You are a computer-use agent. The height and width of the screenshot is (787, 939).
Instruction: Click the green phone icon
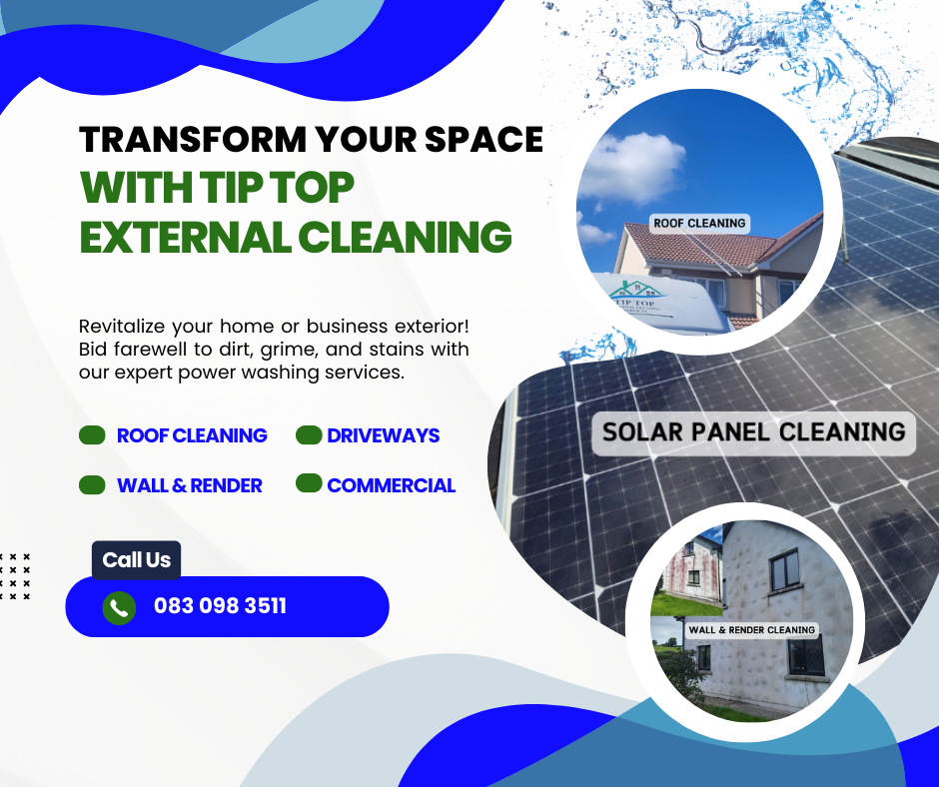119,608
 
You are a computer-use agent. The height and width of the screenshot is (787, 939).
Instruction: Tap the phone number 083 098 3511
221,606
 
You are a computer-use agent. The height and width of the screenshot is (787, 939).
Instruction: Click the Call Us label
137,560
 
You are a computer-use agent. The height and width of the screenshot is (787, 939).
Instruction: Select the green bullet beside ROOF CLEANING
92,435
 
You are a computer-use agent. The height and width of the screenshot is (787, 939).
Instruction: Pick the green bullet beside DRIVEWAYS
309,435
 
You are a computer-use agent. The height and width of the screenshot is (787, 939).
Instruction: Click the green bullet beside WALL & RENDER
92,485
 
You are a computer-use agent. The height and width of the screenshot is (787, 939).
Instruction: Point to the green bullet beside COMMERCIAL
309,483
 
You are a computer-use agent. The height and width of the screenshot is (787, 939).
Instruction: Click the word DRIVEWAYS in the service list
384,435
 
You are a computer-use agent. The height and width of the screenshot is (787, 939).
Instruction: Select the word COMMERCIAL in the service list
391,485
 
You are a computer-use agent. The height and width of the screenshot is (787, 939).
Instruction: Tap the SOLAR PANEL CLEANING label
753,432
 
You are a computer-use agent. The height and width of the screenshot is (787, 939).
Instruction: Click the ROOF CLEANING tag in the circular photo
699,224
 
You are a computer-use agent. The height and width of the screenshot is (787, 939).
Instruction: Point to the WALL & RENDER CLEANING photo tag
751,630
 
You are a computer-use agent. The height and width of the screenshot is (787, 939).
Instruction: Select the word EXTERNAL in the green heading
186,237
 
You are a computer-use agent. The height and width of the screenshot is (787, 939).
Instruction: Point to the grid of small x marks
15,576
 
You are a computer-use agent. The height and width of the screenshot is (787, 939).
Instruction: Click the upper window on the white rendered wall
784,570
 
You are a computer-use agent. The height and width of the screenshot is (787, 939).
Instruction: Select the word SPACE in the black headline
483,140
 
